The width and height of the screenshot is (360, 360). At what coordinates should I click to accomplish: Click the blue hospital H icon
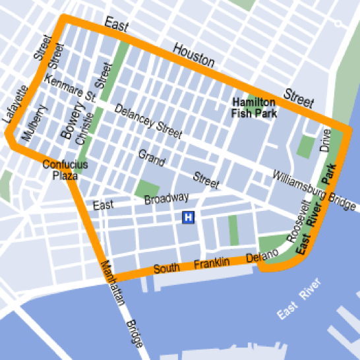[x=189, y=217]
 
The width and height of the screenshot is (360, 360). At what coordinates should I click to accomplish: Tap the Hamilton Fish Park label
[x=254, y=108]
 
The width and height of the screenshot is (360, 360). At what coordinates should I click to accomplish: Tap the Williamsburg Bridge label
[x=315, y=192]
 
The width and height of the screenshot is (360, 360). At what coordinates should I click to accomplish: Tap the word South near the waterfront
[x=166, y=269]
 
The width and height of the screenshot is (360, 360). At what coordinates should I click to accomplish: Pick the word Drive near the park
[x=325, y=140]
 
